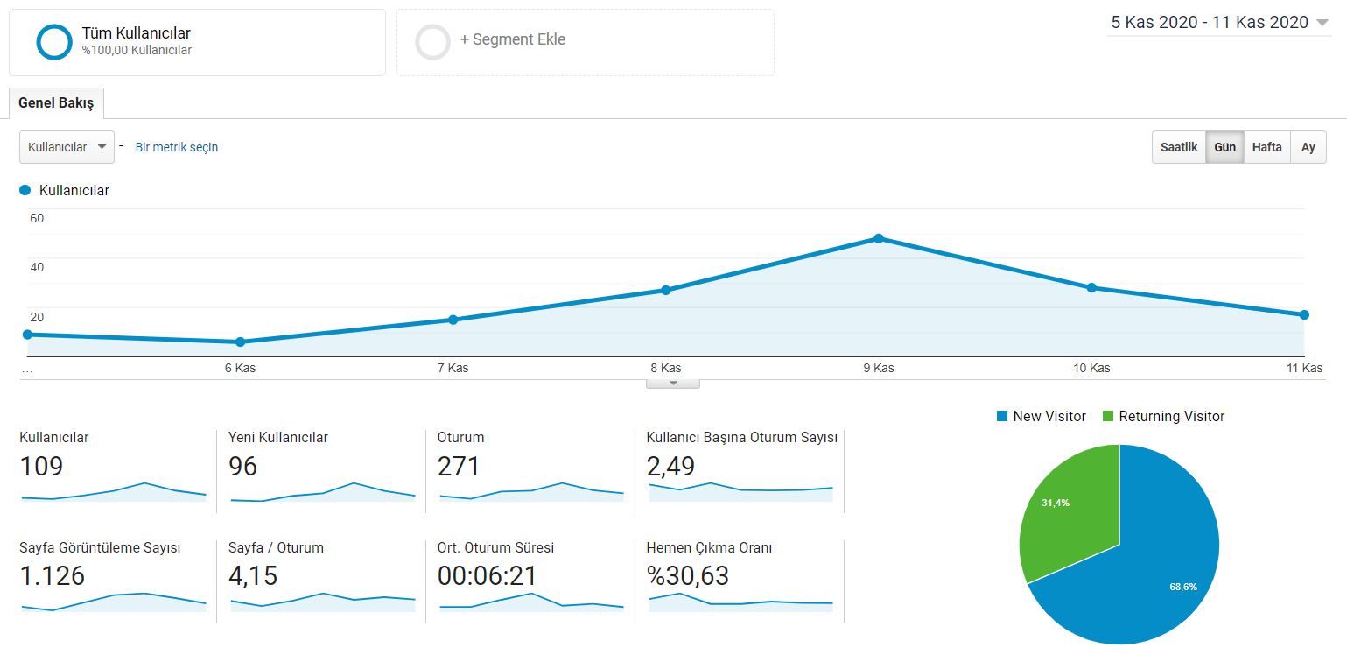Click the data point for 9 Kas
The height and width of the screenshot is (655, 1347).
[x=879, y=239]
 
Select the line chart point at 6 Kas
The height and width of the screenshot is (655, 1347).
[x=240, y=342]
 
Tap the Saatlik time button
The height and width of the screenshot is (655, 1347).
[x=1179, y=147]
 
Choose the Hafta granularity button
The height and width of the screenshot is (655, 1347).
[x=1267, y=147]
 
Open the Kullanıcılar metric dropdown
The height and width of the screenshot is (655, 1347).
[x=67, y=147]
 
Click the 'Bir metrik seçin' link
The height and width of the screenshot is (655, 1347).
[x=176, y=147]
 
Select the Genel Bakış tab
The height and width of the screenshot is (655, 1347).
[x=56, y=102]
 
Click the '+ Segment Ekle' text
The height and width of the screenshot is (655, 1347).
[x=512, y=39]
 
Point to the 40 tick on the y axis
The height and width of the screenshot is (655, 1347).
[x=37, y=267]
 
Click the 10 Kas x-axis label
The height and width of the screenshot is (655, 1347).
[x=1091, y=368]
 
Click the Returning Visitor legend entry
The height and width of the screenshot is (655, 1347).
[x=1163, y=416]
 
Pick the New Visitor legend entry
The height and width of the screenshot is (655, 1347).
[x=1041, y=416]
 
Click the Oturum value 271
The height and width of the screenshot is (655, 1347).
[x=459, y=466]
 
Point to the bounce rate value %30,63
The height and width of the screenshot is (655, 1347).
[x=687, y=575]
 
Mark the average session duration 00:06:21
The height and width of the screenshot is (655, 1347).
[x=487, y=575]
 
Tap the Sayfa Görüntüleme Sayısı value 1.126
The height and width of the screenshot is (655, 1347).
[x=53, y=575]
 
